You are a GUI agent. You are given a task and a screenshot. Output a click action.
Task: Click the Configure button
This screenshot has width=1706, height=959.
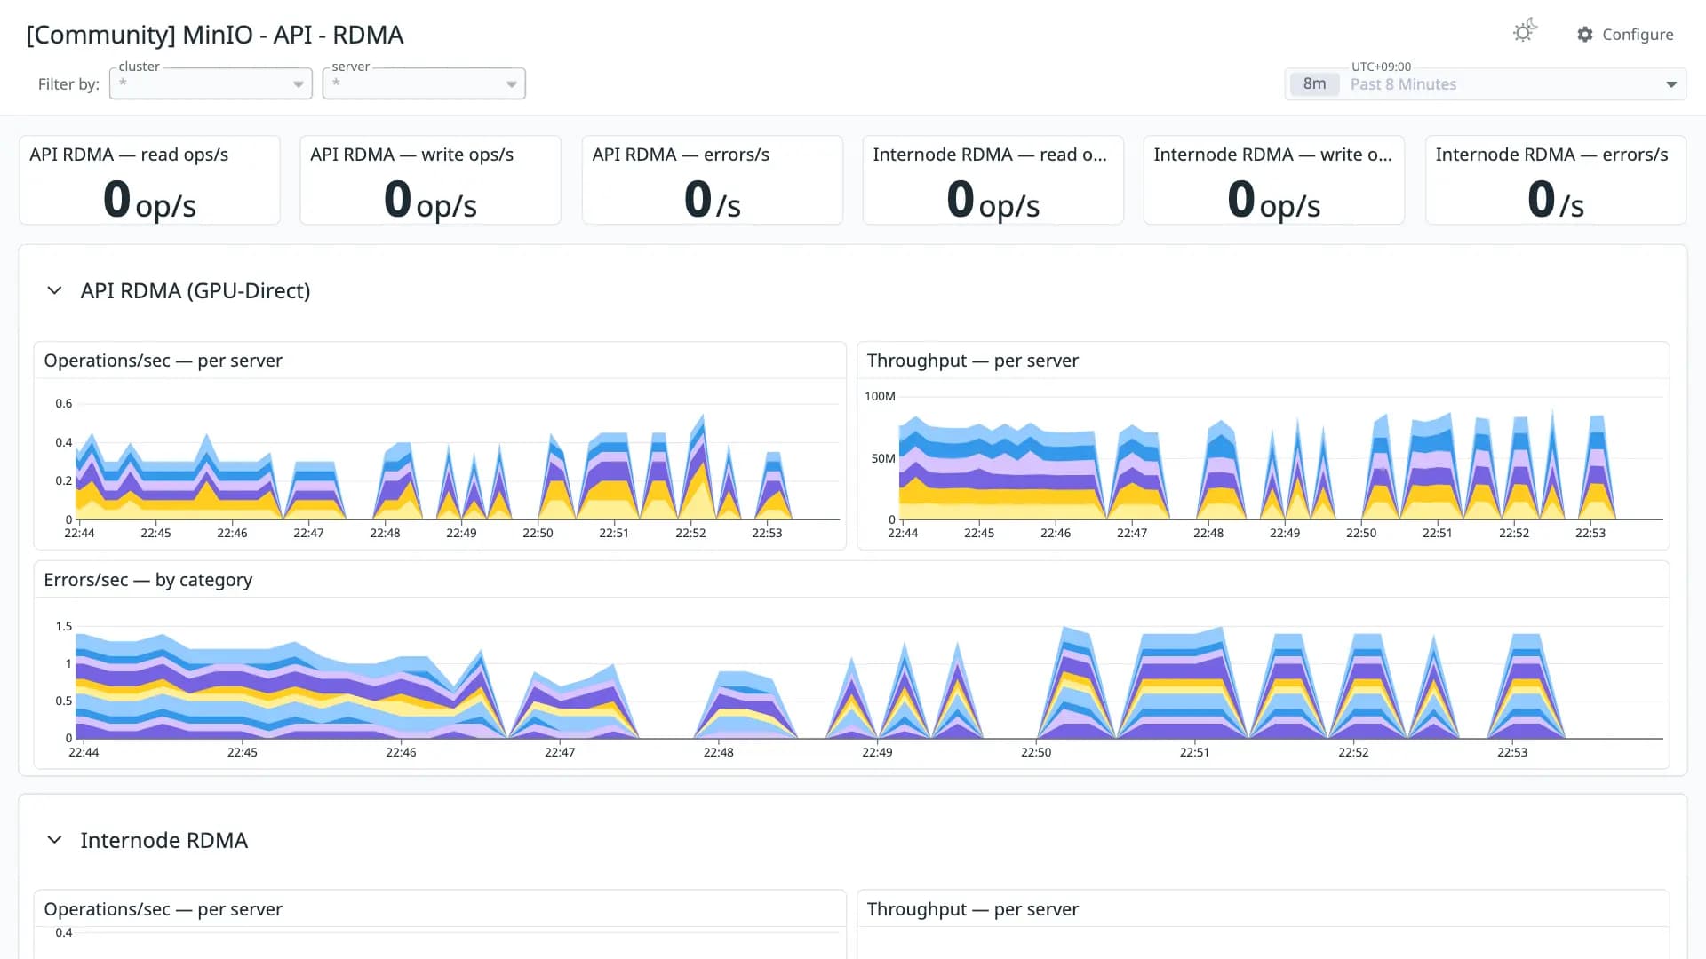click(x=1625, y=35)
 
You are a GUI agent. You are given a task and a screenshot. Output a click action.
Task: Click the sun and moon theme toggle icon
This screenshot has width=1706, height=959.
click(x=1525, y=32)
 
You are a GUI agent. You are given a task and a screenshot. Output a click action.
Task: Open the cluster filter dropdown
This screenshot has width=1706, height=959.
click(x=211, y=83)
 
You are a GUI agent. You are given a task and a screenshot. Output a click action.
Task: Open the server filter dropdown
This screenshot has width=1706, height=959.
click(x=424, y=83)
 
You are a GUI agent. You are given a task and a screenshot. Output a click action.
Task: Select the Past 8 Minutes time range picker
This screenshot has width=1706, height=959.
click(x=1486, y=84)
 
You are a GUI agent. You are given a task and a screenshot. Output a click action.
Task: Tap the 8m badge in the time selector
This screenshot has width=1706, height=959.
click(x=1314, y=84)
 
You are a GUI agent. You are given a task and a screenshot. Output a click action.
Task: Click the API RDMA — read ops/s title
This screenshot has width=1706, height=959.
click(x=129, y=155)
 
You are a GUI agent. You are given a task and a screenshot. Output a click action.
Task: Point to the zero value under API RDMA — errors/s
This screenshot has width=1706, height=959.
click(x=698, y=199)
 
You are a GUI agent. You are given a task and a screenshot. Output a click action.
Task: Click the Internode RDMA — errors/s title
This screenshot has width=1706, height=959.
click(x=1551, y=155)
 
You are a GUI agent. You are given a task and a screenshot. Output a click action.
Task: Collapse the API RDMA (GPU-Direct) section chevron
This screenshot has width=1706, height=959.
click(x=54, y=290)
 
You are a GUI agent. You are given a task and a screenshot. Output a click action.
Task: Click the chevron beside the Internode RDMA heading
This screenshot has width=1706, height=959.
click(x=54, y=840)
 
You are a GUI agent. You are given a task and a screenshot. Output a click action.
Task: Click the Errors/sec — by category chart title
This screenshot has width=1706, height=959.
click(x=148, y=580)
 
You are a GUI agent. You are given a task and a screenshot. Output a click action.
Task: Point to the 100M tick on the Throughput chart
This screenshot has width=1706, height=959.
click(x=880, y=396)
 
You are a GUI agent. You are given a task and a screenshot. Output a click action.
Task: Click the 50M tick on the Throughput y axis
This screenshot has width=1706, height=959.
click(x=883, y=458)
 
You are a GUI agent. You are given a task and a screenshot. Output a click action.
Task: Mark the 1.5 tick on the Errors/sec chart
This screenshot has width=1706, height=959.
click(x=64, y=626)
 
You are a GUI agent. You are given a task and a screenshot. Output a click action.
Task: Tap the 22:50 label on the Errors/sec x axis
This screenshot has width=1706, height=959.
click(x=1036, y=752)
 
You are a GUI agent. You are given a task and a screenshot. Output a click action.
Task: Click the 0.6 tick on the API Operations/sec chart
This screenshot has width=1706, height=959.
click(x=64, y=403)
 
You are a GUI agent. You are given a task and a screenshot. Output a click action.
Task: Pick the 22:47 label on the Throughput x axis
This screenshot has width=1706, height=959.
click(x=1132, y=533)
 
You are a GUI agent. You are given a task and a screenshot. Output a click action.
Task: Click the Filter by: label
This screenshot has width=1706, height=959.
click(x=68, y=84)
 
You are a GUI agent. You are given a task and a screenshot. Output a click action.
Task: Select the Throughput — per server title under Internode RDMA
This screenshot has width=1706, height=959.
click(x=973, y=909)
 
